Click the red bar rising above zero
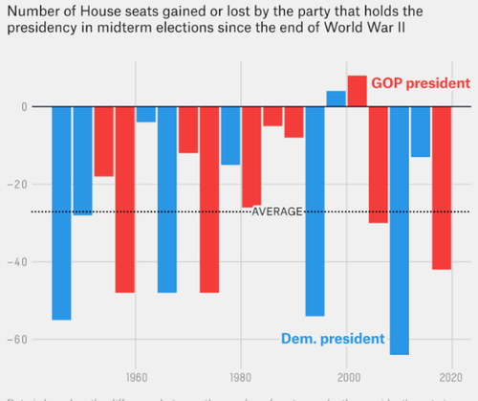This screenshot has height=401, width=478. point(357,91)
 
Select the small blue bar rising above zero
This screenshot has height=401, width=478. point(336,99)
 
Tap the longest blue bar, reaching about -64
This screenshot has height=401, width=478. point(399,230)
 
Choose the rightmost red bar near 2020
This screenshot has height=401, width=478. point(441,188)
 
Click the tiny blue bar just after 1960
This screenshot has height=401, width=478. point(145,114)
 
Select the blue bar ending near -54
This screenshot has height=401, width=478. point(315,211)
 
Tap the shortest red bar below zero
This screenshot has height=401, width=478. point(272,116)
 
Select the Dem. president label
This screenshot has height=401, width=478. point(333,339)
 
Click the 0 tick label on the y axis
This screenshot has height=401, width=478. point(23,106)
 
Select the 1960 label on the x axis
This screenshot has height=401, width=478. point(136,377)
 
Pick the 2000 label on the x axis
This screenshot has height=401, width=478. point(346,377)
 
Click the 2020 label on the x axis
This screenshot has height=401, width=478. point(451,377)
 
